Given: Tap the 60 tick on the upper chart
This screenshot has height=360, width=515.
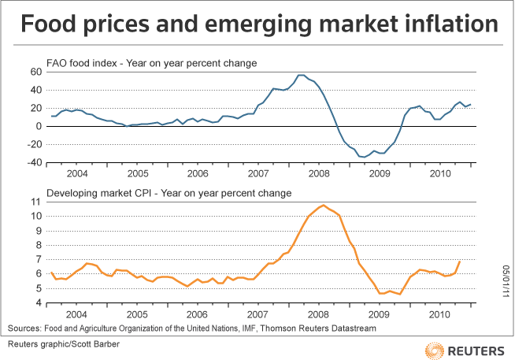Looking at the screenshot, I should [35, 72].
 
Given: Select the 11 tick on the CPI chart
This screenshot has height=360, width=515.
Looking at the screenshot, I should [35, 202].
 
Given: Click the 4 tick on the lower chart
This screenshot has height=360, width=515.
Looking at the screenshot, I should [38, 303].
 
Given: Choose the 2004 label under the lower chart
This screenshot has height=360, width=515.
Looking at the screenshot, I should [78, 314].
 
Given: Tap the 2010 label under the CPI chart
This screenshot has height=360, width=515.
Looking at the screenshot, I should [439, 314].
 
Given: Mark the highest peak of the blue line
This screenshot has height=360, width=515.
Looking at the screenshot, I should [300, 75].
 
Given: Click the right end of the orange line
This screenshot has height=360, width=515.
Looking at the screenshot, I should [459, 262].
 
